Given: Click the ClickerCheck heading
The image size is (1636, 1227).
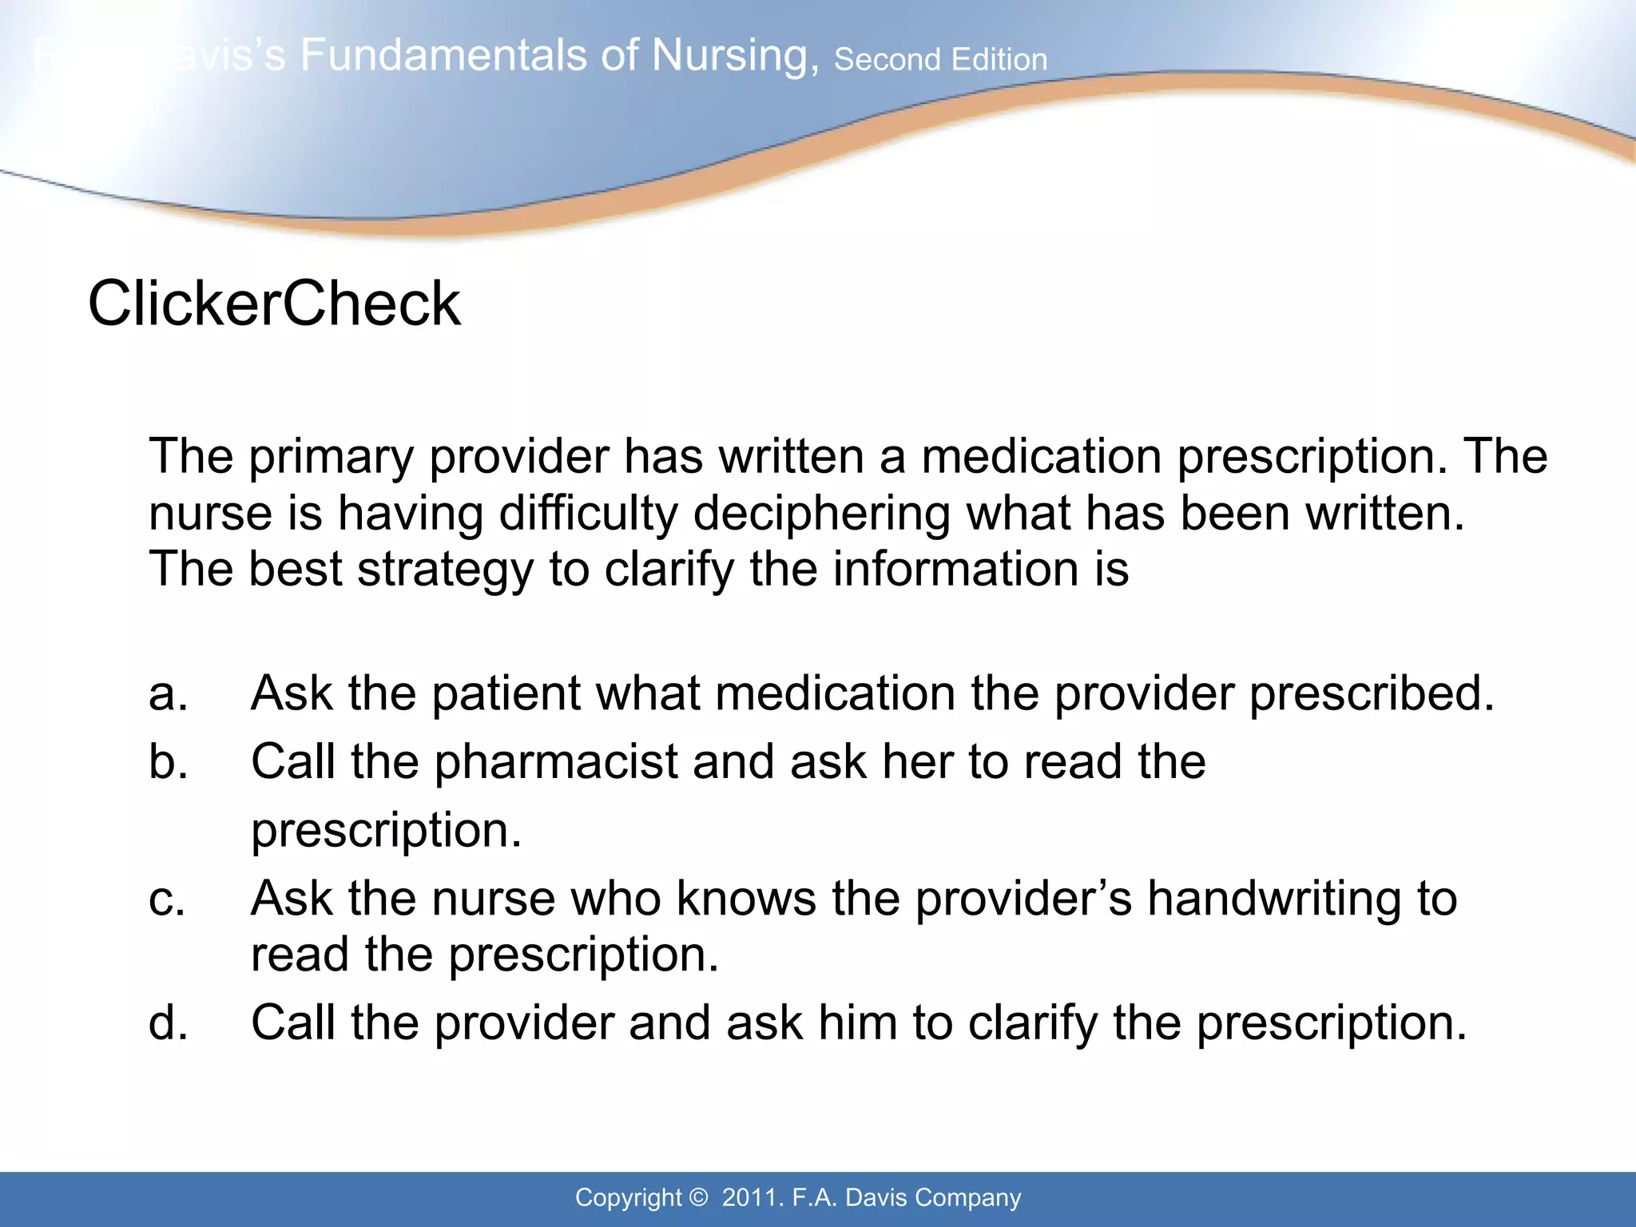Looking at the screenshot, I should click(274, 304).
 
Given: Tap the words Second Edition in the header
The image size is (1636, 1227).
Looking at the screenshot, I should click(940, 60).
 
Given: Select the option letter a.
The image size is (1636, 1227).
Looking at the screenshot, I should click(168, 693).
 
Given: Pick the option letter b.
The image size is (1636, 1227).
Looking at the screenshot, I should click(168, 761).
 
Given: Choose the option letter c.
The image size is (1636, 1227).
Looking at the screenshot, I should click(167, 899).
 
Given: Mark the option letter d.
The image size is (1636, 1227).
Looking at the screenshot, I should click(168, 1022).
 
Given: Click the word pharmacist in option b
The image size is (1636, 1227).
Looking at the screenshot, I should click(556, 761).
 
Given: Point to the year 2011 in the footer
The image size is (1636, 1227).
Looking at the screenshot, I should click(750, 1197).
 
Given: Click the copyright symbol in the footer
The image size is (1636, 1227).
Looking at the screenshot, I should click(697, 1197).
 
